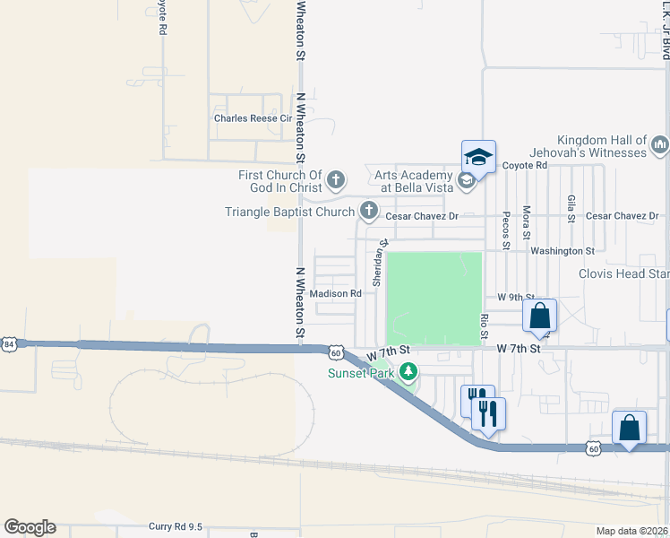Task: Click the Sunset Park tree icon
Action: pyautogui.click(x=408, y=370)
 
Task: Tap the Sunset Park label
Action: pyautogui.click(x=361, y=373)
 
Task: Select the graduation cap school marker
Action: pyautogui.click(x=478, y=158)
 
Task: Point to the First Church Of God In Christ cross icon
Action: pyautogui.click(x=336, y=181)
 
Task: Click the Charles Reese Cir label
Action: pyautogui.click(x=253, y=118)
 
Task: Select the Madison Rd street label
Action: pyautogui.click(x=335, y=293)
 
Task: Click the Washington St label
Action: pyautogui.click(x=563, y=252)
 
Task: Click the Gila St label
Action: pyautogui.click(x=571, y=207)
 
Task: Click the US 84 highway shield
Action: pyautogui.click(x=9, y=343)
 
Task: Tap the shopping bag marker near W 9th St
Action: pyautogui.click(x=539, y=316)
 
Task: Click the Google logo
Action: pyautogui.click(x=30, y=527)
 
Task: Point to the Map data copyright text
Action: pyautogui.click(x=632, y=531)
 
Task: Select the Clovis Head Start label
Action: pyautogui.click(x=623, y=273)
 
